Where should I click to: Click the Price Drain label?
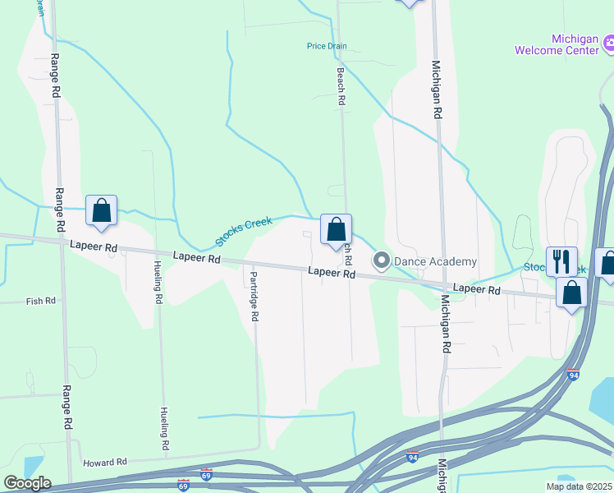[x=327, y=46]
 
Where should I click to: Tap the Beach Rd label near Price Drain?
[x=341, y=85]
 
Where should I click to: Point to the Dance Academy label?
[x=435, y=261]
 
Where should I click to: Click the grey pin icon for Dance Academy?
[x=381, y=261]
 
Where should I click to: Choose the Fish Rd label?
[x=40, y=301]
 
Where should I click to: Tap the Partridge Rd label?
[x=254, y=296]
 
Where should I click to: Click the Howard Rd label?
[x=105, y=463]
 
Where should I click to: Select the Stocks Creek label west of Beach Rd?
[x=244, y=232]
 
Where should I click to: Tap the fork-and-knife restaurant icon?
[x=561, y=260]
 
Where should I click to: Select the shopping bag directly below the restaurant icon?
[x=571, y=292]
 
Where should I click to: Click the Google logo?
[x=28, y=483]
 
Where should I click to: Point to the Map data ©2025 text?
[x=579, y=486]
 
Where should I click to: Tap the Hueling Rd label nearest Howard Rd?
[x=165, y=428]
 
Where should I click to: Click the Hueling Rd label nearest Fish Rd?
[x=157, y=282]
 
